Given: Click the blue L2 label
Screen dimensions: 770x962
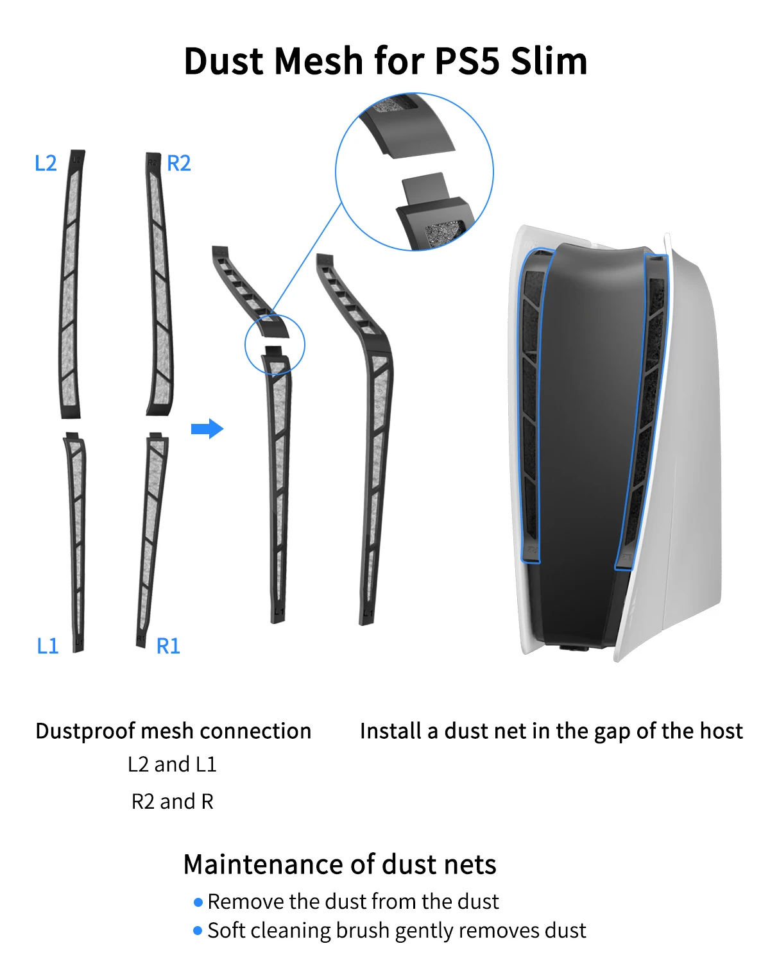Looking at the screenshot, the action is (x=46, y=163).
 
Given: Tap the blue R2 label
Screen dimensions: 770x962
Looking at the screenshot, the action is (x=178, y=163).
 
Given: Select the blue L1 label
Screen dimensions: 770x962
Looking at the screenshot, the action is (x=47, y=646).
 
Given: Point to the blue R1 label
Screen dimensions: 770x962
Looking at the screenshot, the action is (x=168, y=646).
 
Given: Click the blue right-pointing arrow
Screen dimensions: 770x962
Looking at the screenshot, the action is (x=207, y=428).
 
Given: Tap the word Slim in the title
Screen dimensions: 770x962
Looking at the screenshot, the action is (x=549, y=61).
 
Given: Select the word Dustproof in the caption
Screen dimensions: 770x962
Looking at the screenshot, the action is (x=85, y=732).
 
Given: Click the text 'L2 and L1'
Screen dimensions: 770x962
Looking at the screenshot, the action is (x=172, y=764).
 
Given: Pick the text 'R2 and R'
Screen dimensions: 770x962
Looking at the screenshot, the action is (x=172, y=802).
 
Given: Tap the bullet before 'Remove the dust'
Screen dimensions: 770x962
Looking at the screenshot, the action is (x=198, y=902).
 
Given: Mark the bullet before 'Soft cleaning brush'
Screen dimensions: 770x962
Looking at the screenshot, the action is (x=198, y=931).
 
